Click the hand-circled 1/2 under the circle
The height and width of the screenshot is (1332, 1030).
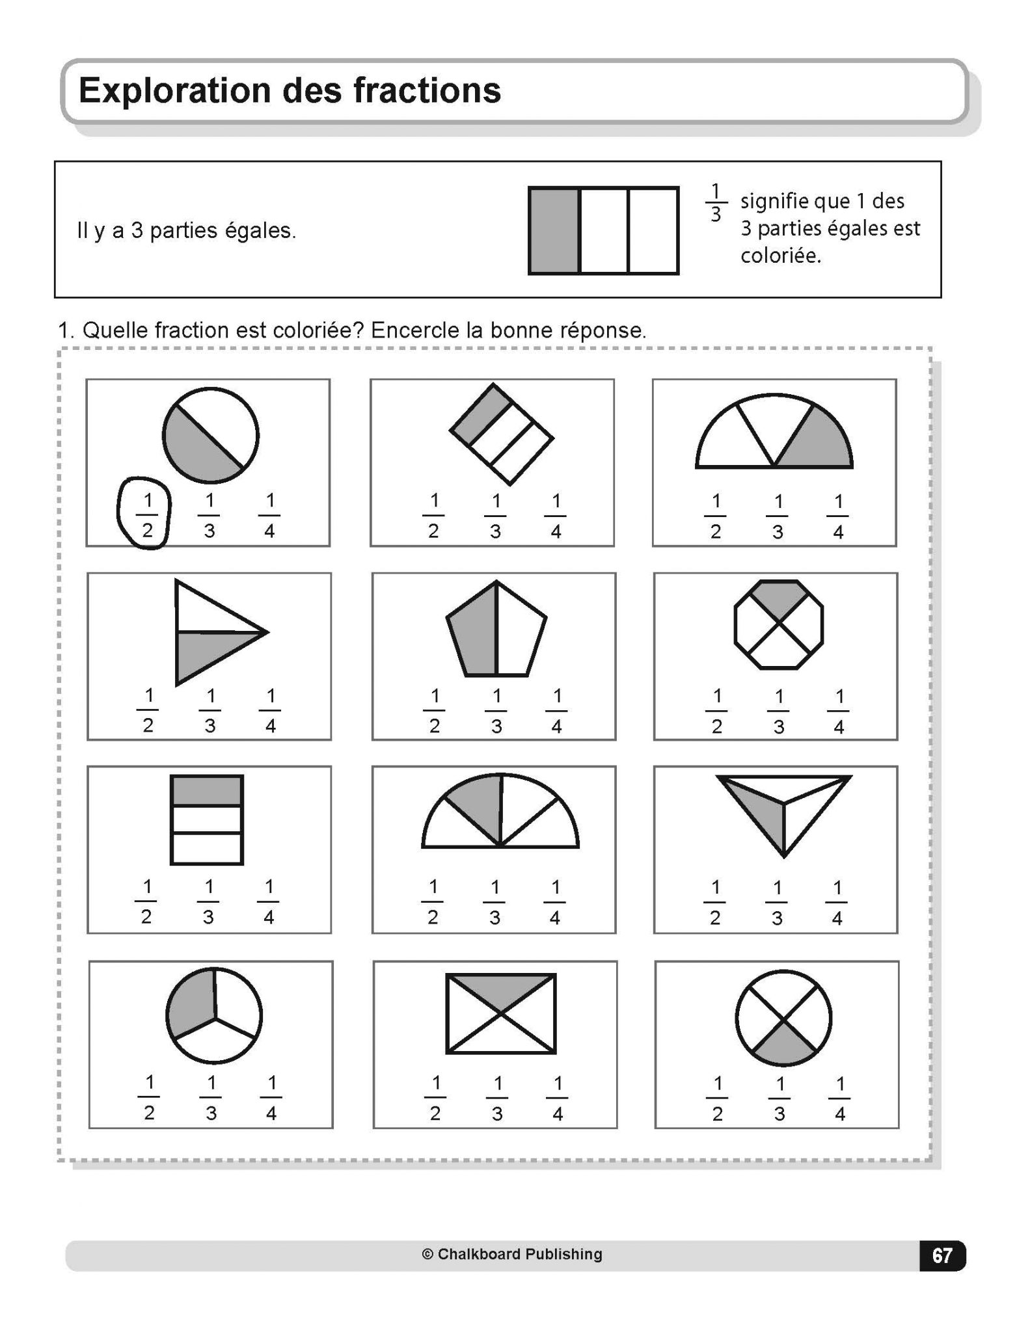147,515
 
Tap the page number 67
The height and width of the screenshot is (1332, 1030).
942,1255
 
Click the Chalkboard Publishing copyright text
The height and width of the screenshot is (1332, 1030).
512,1254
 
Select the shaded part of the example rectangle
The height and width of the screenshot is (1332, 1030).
554,231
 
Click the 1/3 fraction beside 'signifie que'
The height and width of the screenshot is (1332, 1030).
716,202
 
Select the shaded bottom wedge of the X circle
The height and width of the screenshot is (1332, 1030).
784,1048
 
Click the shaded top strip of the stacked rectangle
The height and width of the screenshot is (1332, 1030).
207,791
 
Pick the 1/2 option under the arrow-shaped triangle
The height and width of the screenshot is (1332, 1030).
148,710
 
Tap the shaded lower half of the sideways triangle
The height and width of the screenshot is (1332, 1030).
205,652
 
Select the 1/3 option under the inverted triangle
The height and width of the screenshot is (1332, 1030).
777,902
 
